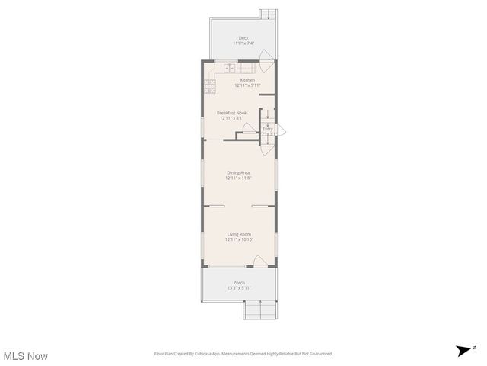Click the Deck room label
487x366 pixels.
pos(243,37)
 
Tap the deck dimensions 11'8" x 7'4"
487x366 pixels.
pos(243,43)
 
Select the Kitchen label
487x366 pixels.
pos(247,80)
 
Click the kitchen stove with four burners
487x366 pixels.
pos(210,85)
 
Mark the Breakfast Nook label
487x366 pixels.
pos(231,112)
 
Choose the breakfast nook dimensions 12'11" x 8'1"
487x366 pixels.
pos(231,118)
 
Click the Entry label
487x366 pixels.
pos(268,129)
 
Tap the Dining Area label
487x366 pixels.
pos(238,172)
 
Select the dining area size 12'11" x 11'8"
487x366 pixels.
pos(238,178)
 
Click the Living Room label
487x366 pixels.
pos(239,234)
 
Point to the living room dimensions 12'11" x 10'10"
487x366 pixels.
pos(239,240)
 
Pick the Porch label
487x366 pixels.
pos(239,282)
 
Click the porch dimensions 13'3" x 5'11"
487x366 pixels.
pos(239,288)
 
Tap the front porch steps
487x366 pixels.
pos(259,310)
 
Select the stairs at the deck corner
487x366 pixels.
pos(267,14)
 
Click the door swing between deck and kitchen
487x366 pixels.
pos(266,56)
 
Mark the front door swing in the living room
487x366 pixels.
pos(260,261)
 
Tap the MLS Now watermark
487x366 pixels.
pos(26,356)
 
